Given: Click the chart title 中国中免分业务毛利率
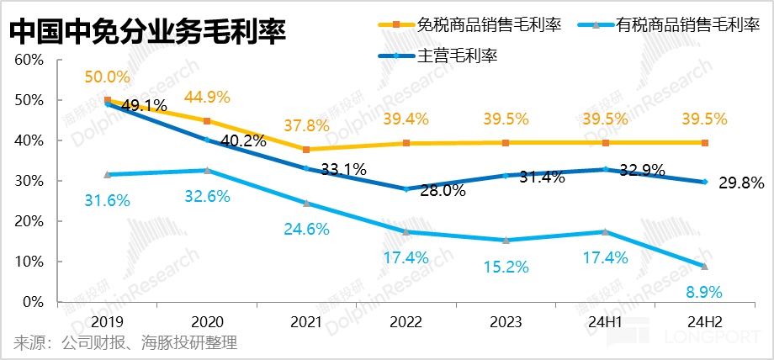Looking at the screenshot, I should pyautogui.click(x=148, y=31).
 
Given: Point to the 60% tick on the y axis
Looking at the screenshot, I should pyautogui.click(x=27, y=61).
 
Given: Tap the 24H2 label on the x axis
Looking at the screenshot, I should pyautogui.click(x=705, y=321).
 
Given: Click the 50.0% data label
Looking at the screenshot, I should pyautogui.click(x=108, y=77).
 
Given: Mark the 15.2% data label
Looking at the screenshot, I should pyautogui.click(x=506, y=267).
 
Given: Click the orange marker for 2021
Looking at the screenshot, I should pyautogui.click(x=306, y=150).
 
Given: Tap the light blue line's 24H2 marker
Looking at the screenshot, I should pyautogui.click(x=705, y=266).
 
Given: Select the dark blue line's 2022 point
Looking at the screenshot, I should pyautogui.click(x=406, y=189).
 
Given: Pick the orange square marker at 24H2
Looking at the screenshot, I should pyautogui.click(x=705, y=143).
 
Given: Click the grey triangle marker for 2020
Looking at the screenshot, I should pyautogui.click(x=207, y=171).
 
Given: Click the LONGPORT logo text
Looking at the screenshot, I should pyautogui.click(x=718, y=342).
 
